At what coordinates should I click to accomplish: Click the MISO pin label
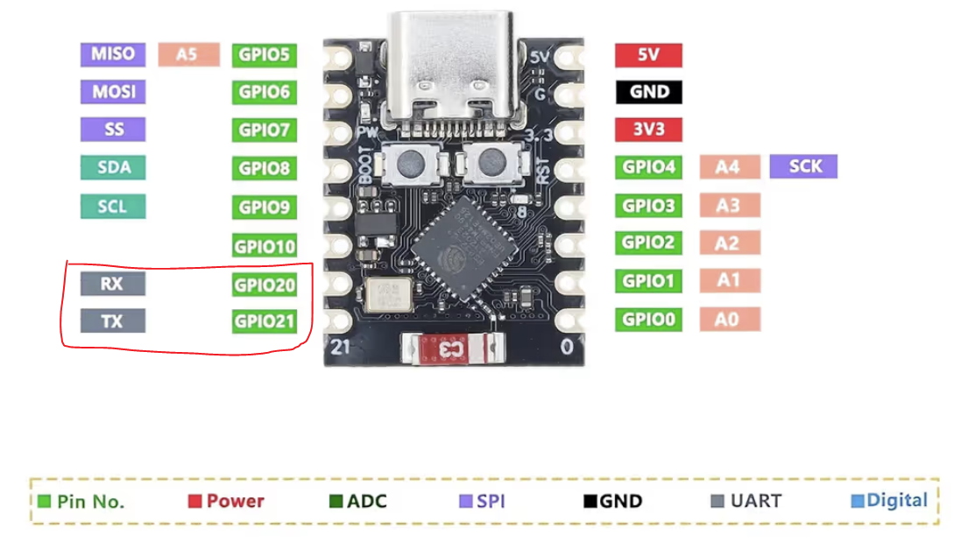(x=113, y=53)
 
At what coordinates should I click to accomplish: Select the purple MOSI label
(x=113, y=91)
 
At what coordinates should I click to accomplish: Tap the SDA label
(x=113, y=167)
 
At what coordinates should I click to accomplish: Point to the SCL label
(x=113, y=207)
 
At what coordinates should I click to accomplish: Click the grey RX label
(x=113, y=284)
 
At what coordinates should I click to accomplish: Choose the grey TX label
(x=113, y=321)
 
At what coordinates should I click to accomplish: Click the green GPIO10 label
(x=264, y=246)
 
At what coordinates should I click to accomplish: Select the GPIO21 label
(x=264, y=321)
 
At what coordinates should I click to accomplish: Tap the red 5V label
(x=648, y=54)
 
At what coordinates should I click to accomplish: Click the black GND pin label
(x=648, y=91)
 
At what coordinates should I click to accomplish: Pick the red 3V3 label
(x=648, y=129)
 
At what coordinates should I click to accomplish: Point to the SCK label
(x=803, y=166)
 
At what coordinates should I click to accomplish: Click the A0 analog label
(x=729, y=320)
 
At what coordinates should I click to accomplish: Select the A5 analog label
(x=188, y=54)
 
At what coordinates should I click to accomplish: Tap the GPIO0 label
(x=648, y=320)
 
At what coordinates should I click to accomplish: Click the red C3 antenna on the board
(x=450, y=348)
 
